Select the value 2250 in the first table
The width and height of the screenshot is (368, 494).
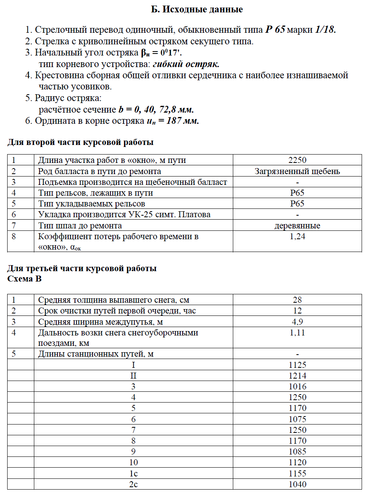(x=297, y=161)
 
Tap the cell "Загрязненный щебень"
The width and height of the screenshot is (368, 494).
(x=297, y=171)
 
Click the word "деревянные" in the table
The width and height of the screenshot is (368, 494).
(x=297, y=226)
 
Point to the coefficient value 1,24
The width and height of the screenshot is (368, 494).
(x=297, y=236)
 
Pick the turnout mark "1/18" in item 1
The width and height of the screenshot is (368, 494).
(x=325, y=30)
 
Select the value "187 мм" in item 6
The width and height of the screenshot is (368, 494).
(x=183, y=121)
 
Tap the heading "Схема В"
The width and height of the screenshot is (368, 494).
(x=24, y=279)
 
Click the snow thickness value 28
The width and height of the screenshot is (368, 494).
(x=297, y=300)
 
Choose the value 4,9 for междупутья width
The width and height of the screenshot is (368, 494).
(x=297, y=321)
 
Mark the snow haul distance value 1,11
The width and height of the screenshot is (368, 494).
(x=297, y=332)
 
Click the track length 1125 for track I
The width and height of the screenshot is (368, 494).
(x=297, y=365)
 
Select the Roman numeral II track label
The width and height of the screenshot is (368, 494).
(x=133, y=376)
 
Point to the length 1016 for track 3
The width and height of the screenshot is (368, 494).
(x=297, y=387)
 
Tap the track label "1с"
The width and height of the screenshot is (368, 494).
(x=133, y=474)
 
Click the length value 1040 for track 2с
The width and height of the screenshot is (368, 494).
(x=297, y=484)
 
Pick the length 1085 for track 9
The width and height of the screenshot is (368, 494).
(x=297, y=452)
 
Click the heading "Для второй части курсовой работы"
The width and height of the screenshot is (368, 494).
(x=80, y=143)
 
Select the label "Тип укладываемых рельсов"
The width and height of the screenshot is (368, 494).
(x=91, y=204)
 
